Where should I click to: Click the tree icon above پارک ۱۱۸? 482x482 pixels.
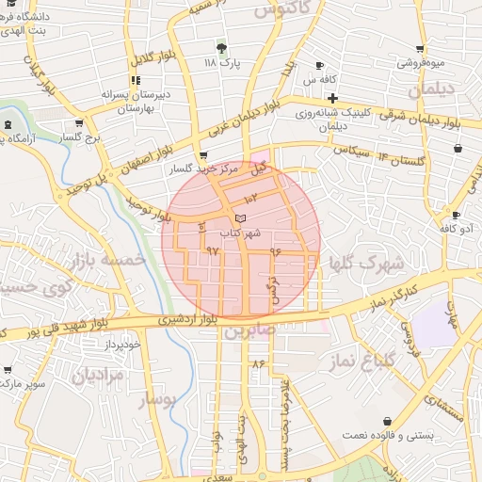click(222, 46)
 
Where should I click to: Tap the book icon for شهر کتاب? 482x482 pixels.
click(241, 217)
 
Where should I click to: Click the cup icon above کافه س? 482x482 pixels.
click(319, 65)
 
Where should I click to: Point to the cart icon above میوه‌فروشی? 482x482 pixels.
click(420, 49)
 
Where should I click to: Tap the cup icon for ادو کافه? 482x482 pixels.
click(444, 215)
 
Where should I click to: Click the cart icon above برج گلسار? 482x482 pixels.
click(79, 123)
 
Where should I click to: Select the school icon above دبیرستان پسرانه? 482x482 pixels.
click(136, 80)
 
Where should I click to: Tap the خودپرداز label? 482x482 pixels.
click(123, 345)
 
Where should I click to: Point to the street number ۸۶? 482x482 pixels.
click(259, 363)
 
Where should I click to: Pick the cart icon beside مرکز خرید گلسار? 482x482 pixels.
click(204, 156)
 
